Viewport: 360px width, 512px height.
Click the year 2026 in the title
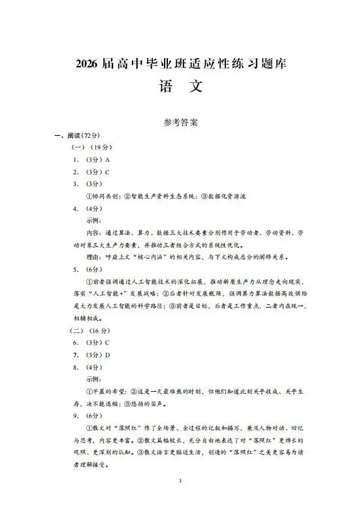[x=86, y=64]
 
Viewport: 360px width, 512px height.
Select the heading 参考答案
[x=181, y=122]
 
